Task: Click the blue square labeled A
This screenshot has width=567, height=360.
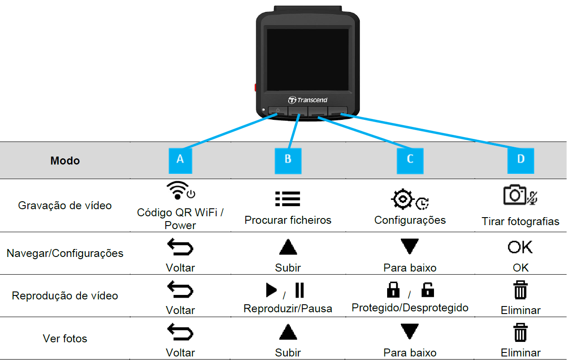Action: coord(180,161)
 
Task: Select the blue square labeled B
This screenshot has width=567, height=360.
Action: coord(288,161)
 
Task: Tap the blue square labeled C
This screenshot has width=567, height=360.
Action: coord(410,161)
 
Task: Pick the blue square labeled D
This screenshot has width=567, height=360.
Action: coord(521,161)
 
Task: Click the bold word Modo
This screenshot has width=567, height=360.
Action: coord(65,161)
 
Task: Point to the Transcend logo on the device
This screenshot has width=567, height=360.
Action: coord(308,100)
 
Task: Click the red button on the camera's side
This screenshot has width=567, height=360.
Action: coord(255,88)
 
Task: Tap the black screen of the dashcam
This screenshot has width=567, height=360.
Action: coord(308,60)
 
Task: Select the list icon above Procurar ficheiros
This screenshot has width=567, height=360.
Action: coord(288,199)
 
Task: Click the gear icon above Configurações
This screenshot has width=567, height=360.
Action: coord(403,199)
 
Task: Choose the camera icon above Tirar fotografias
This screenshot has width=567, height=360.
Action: coord(515,195)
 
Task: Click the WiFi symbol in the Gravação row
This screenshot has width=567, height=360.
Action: coord(178,190)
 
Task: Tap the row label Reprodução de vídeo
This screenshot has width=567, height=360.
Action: coord(65,295)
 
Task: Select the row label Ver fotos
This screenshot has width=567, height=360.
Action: coord(65,338)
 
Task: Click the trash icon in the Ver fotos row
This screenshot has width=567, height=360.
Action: coord(521,333)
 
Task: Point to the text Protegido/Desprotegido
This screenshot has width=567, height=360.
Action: coord(410,308)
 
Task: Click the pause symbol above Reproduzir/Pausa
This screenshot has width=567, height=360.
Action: coord(300,290)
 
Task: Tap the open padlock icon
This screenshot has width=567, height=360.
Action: coord(428,290)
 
